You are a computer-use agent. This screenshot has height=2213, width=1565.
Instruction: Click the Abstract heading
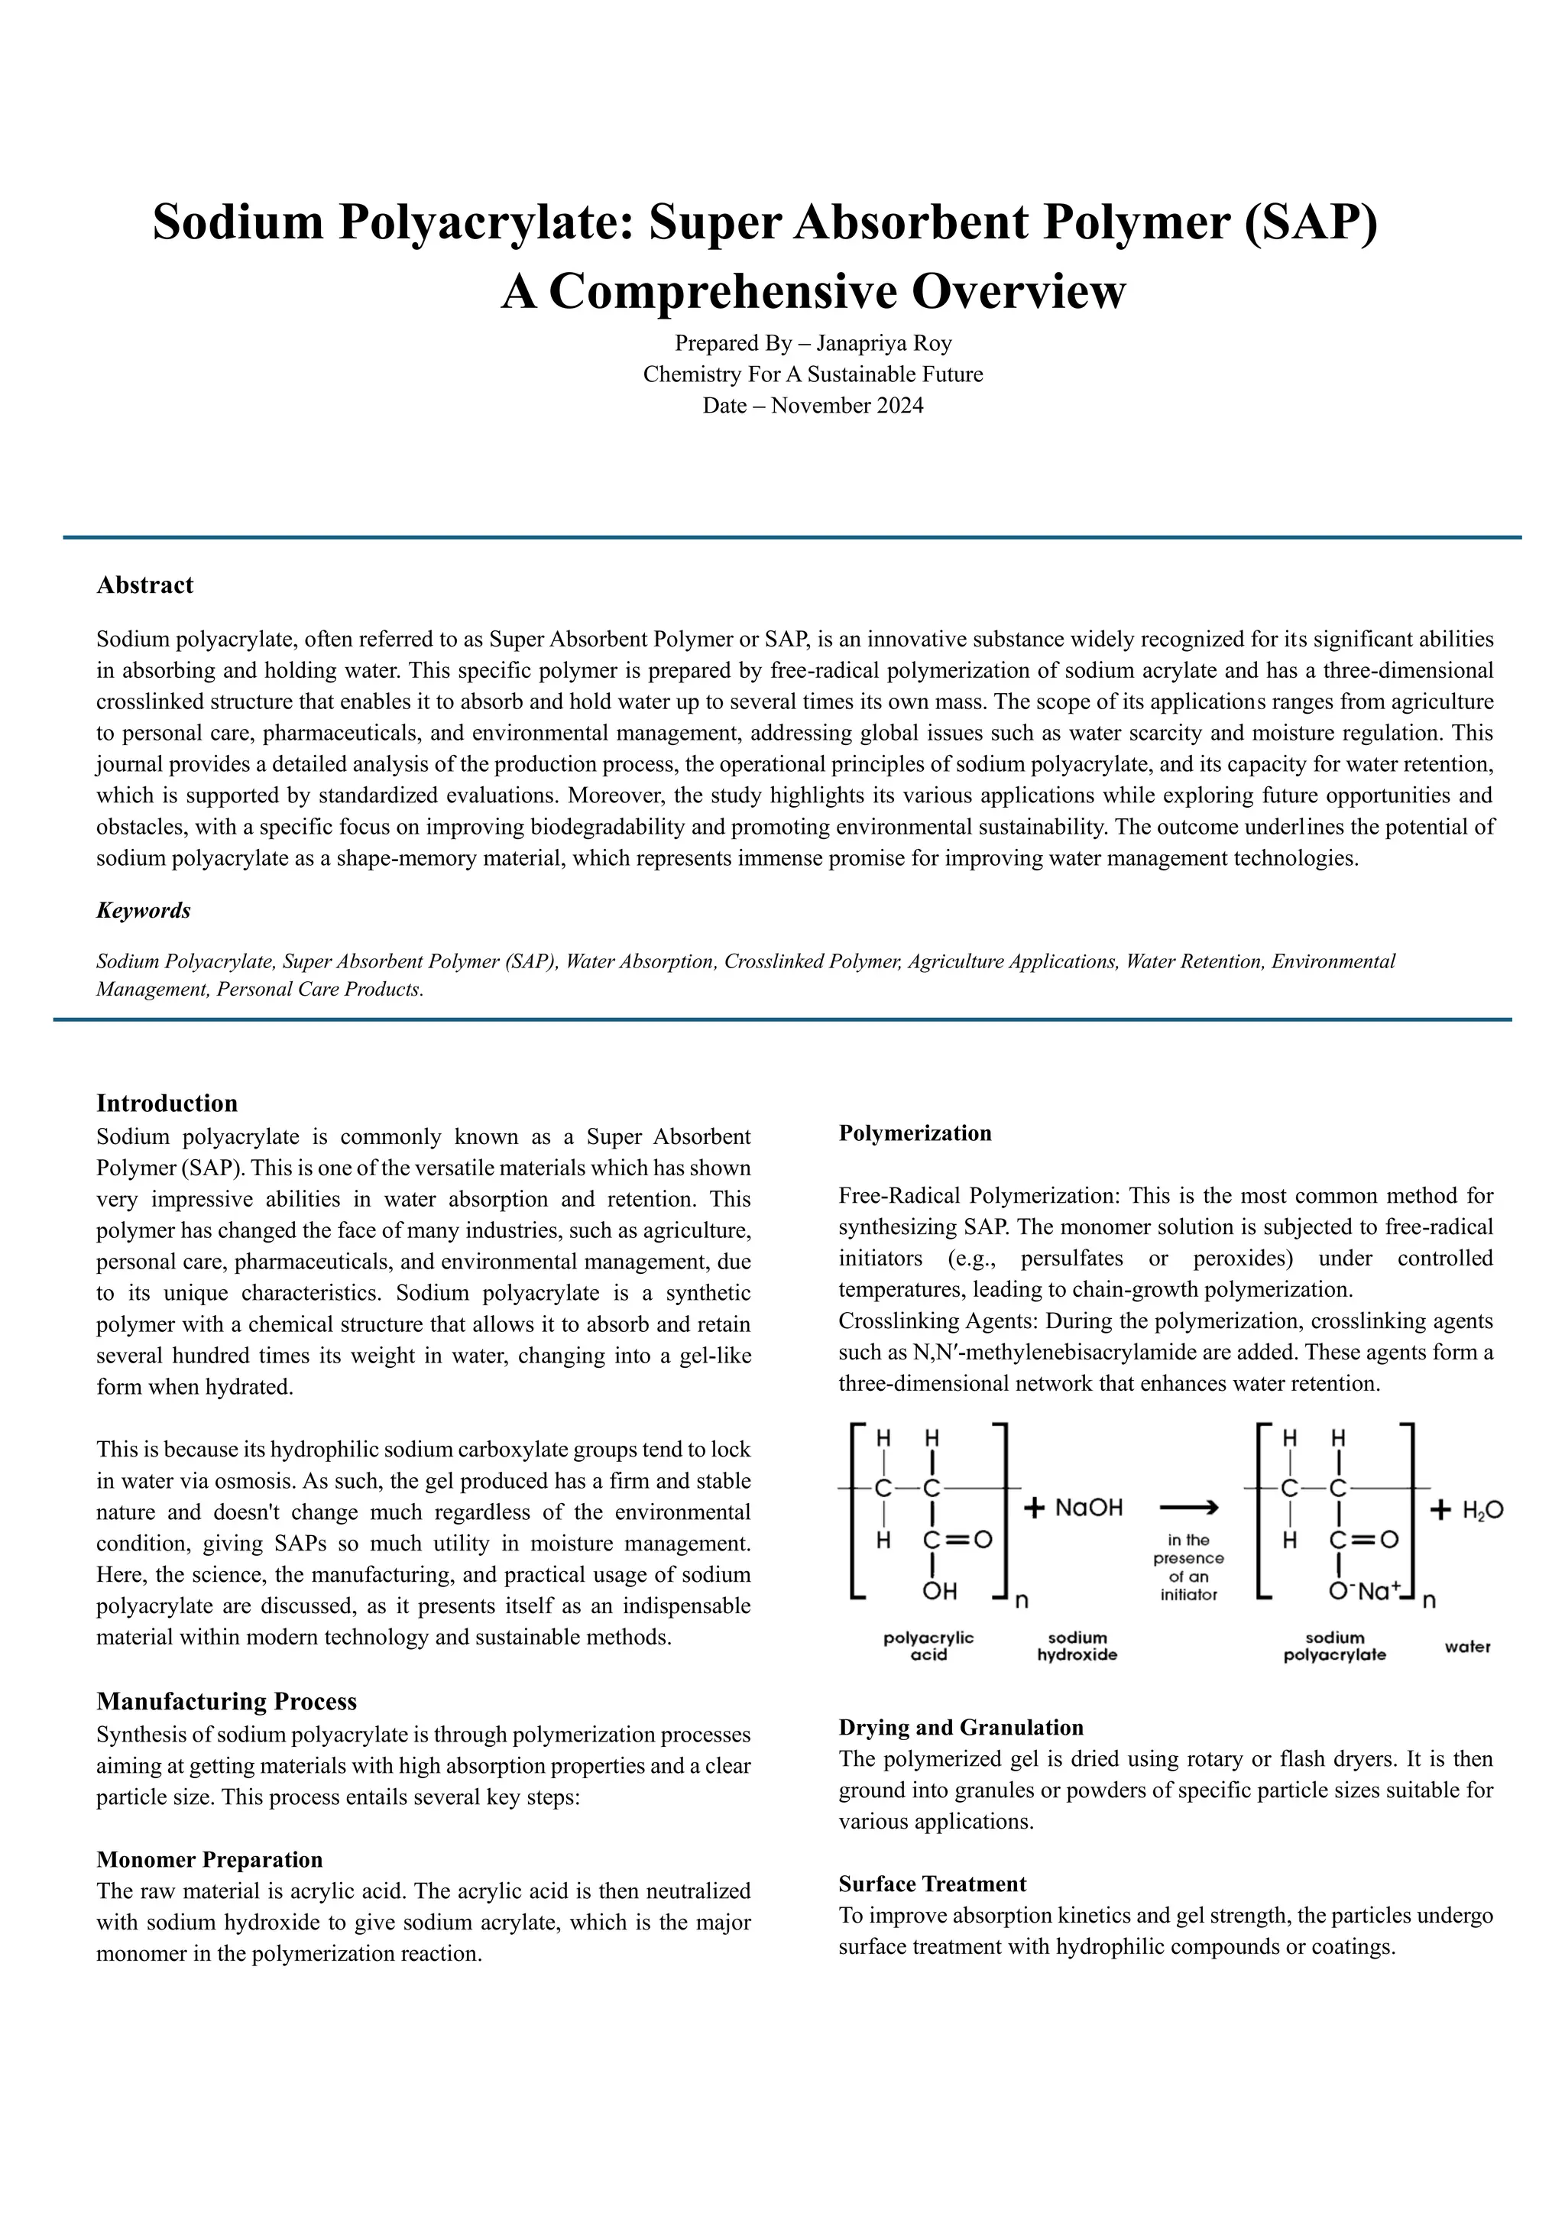point(144,585)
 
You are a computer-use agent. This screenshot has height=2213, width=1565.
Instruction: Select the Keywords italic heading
point(143,910)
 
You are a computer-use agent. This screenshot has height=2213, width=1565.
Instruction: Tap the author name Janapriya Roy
point(883,343)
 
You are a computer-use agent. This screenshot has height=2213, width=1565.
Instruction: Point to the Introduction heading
point(167,1103)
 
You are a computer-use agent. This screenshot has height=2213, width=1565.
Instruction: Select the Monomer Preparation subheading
point(209,1859)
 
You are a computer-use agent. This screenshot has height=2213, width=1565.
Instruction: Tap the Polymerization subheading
point(915,1132)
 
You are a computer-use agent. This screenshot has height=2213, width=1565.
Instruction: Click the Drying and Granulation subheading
point(961,1726)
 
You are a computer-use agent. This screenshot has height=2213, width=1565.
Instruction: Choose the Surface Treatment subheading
point(932,1884)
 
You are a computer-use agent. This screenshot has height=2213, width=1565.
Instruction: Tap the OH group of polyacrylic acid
point(940,1590)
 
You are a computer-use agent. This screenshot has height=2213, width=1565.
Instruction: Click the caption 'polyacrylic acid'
point(928,1646)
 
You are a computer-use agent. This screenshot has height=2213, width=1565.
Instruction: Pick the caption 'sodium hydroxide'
point(1077,1646)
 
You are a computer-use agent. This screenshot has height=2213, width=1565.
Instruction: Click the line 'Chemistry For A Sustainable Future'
point(812,374)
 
